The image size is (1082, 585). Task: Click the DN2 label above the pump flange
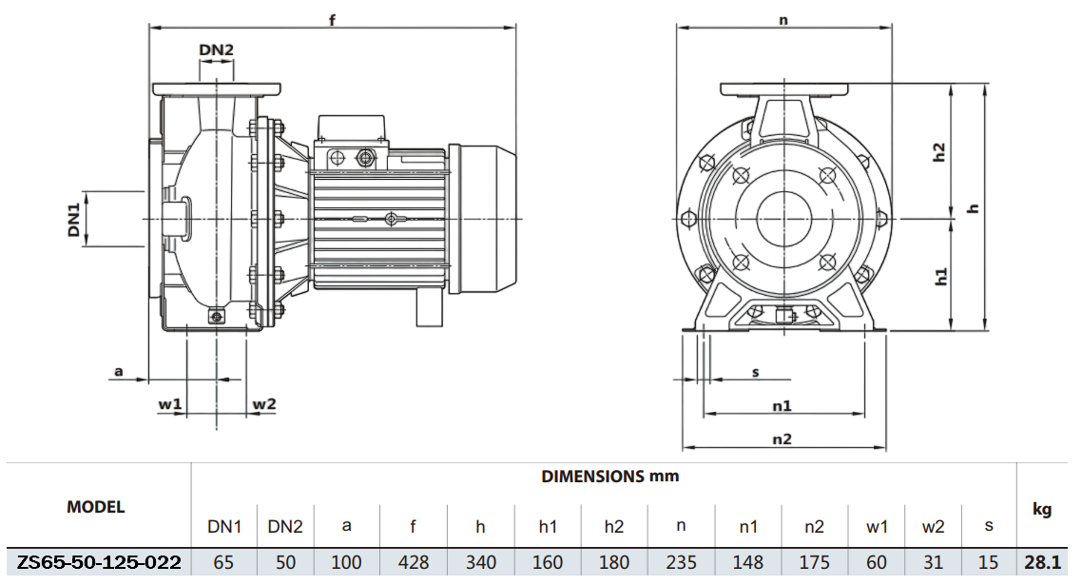point(217,50)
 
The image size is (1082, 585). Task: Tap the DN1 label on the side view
point(73,219)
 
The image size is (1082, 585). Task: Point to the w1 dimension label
point(170,404)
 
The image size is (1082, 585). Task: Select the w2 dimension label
point(263,404)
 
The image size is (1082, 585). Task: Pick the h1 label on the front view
point(941,277)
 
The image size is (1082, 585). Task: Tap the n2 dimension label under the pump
point(782,439)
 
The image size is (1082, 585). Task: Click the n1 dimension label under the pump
point(782,405)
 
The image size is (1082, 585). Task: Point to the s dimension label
point(756,372)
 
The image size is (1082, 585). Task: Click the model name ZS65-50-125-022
point(99,562)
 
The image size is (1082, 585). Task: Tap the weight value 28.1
point(1043,562)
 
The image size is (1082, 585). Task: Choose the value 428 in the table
point(413,562)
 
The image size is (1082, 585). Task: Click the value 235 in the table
point(682,562)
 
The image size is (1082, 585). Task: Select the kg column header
point(1042,510)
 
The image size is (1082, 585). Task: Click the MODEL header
point(95,507)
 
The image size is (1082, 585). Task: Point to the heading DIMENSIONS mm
point(610,476)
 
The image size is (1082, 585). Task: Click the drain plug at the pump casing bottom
point(217,317)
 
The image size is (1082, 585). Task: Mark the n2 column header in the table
point(814,526)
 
